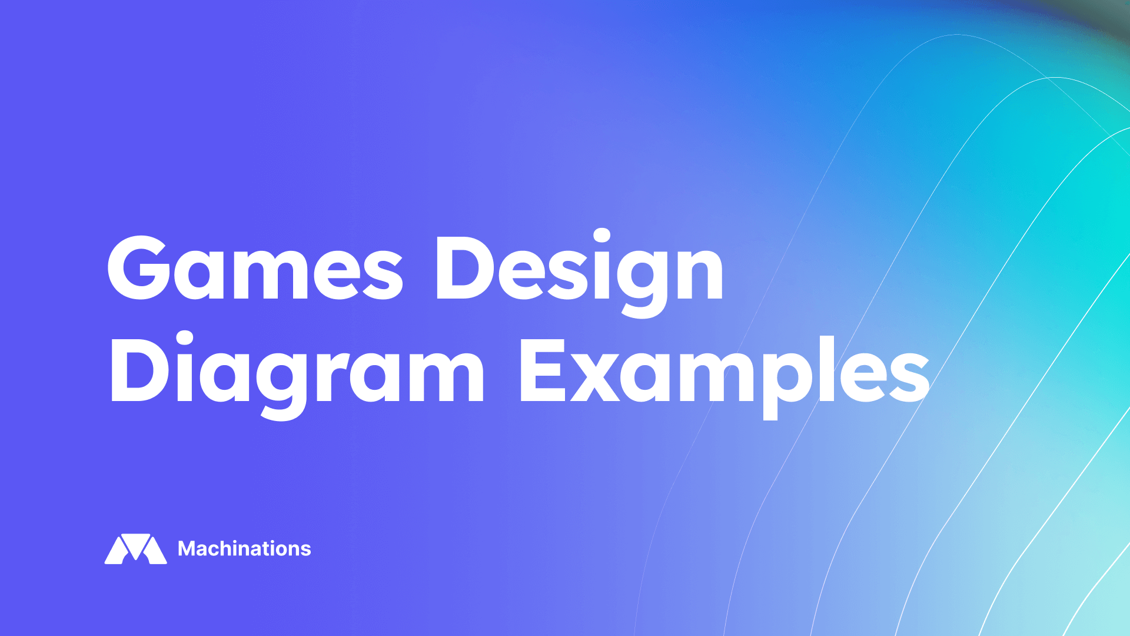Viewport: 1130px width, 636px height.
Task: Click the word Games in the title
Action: click(x=254, y=268)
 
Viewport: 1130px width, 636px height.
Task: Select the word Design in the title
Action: click(x=579, y=268)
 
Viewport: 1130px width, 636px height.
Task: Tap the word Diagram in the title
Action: click(x=297, y=371)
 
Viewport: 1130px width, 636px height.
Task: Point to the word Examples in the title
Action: click(x=724, y=371)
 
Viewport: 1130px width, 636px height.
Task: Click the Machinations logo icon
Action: click(x=136, y=549)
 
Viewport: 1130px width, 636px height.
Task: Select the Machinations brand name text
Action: click(x=244, y=549)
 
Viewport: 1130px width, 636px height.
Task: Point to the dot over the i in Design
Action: click(x=601, y=236)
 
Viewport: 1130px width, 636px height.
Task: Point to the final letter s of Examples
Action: click(x=910, y=377)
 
